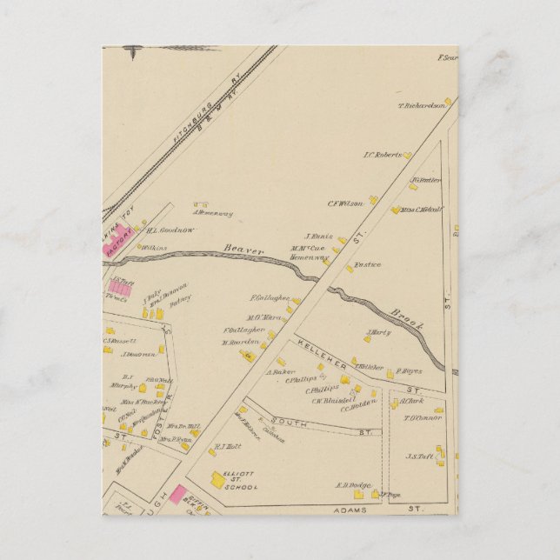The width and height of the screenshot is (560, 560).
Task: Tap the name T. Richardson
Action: coord(422,106)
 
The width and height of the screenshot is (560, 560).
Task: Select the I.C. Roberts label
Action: coord(382,156)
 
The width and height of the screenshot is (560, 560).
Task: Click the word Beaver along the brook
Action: coord(243,250)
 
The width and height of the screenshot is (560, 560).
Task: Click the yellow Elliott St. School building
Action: coord(217,477)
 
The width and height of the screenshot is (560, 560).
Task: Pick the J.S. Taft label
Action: coord(420,456)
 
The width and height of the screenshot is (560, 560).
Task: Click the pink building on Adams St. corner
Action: coord(176,495)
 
